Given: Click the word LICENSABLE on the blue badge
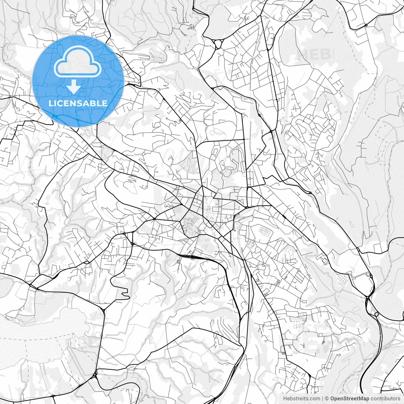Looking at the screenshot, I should point(78,103).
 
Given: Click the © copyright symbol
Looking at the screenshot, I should point(327,399).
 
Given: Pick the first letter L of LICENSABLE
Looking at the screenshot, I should point(50,103).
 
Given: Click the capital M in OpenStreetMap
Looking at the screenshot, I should point(360,399).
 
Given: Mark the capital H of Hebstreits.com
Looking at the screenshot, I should point(285,399).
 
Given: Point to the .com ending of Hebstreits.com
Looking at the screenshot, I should point(314,399).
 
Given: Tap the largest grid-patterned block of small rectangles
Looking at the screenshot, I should point(265,232).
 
